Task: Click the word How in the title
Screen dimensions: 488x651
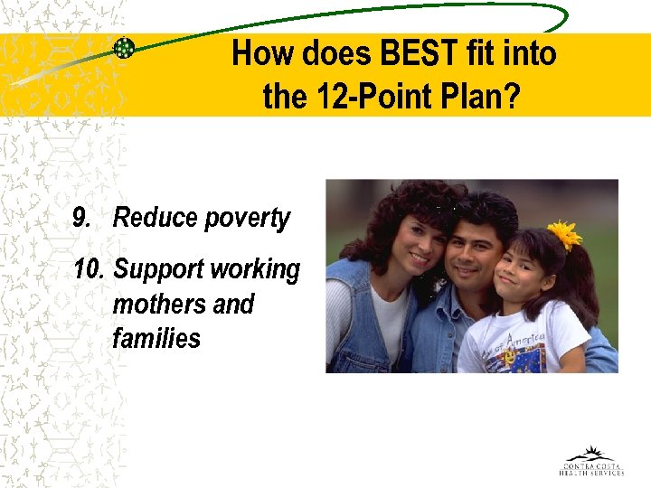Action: coord(263,54)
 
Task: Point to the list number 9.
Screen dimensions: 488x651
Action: coord(82,218)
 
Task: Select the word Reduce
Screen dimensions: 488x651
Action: coord(155,218)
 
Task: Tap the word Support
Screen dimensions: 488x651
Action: coord(159,270)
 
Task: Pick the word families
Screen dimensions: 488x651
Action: coord(156,338)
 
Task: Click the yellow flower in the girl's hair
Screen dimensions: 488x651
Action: coord(565,235)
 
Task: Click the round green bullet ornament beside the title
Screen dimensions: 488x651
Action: coord(124,49)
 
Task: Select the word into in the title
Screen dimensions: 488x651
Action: coord(530,54)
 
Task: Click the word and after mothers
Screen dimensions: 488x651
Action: coord(233,304)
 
